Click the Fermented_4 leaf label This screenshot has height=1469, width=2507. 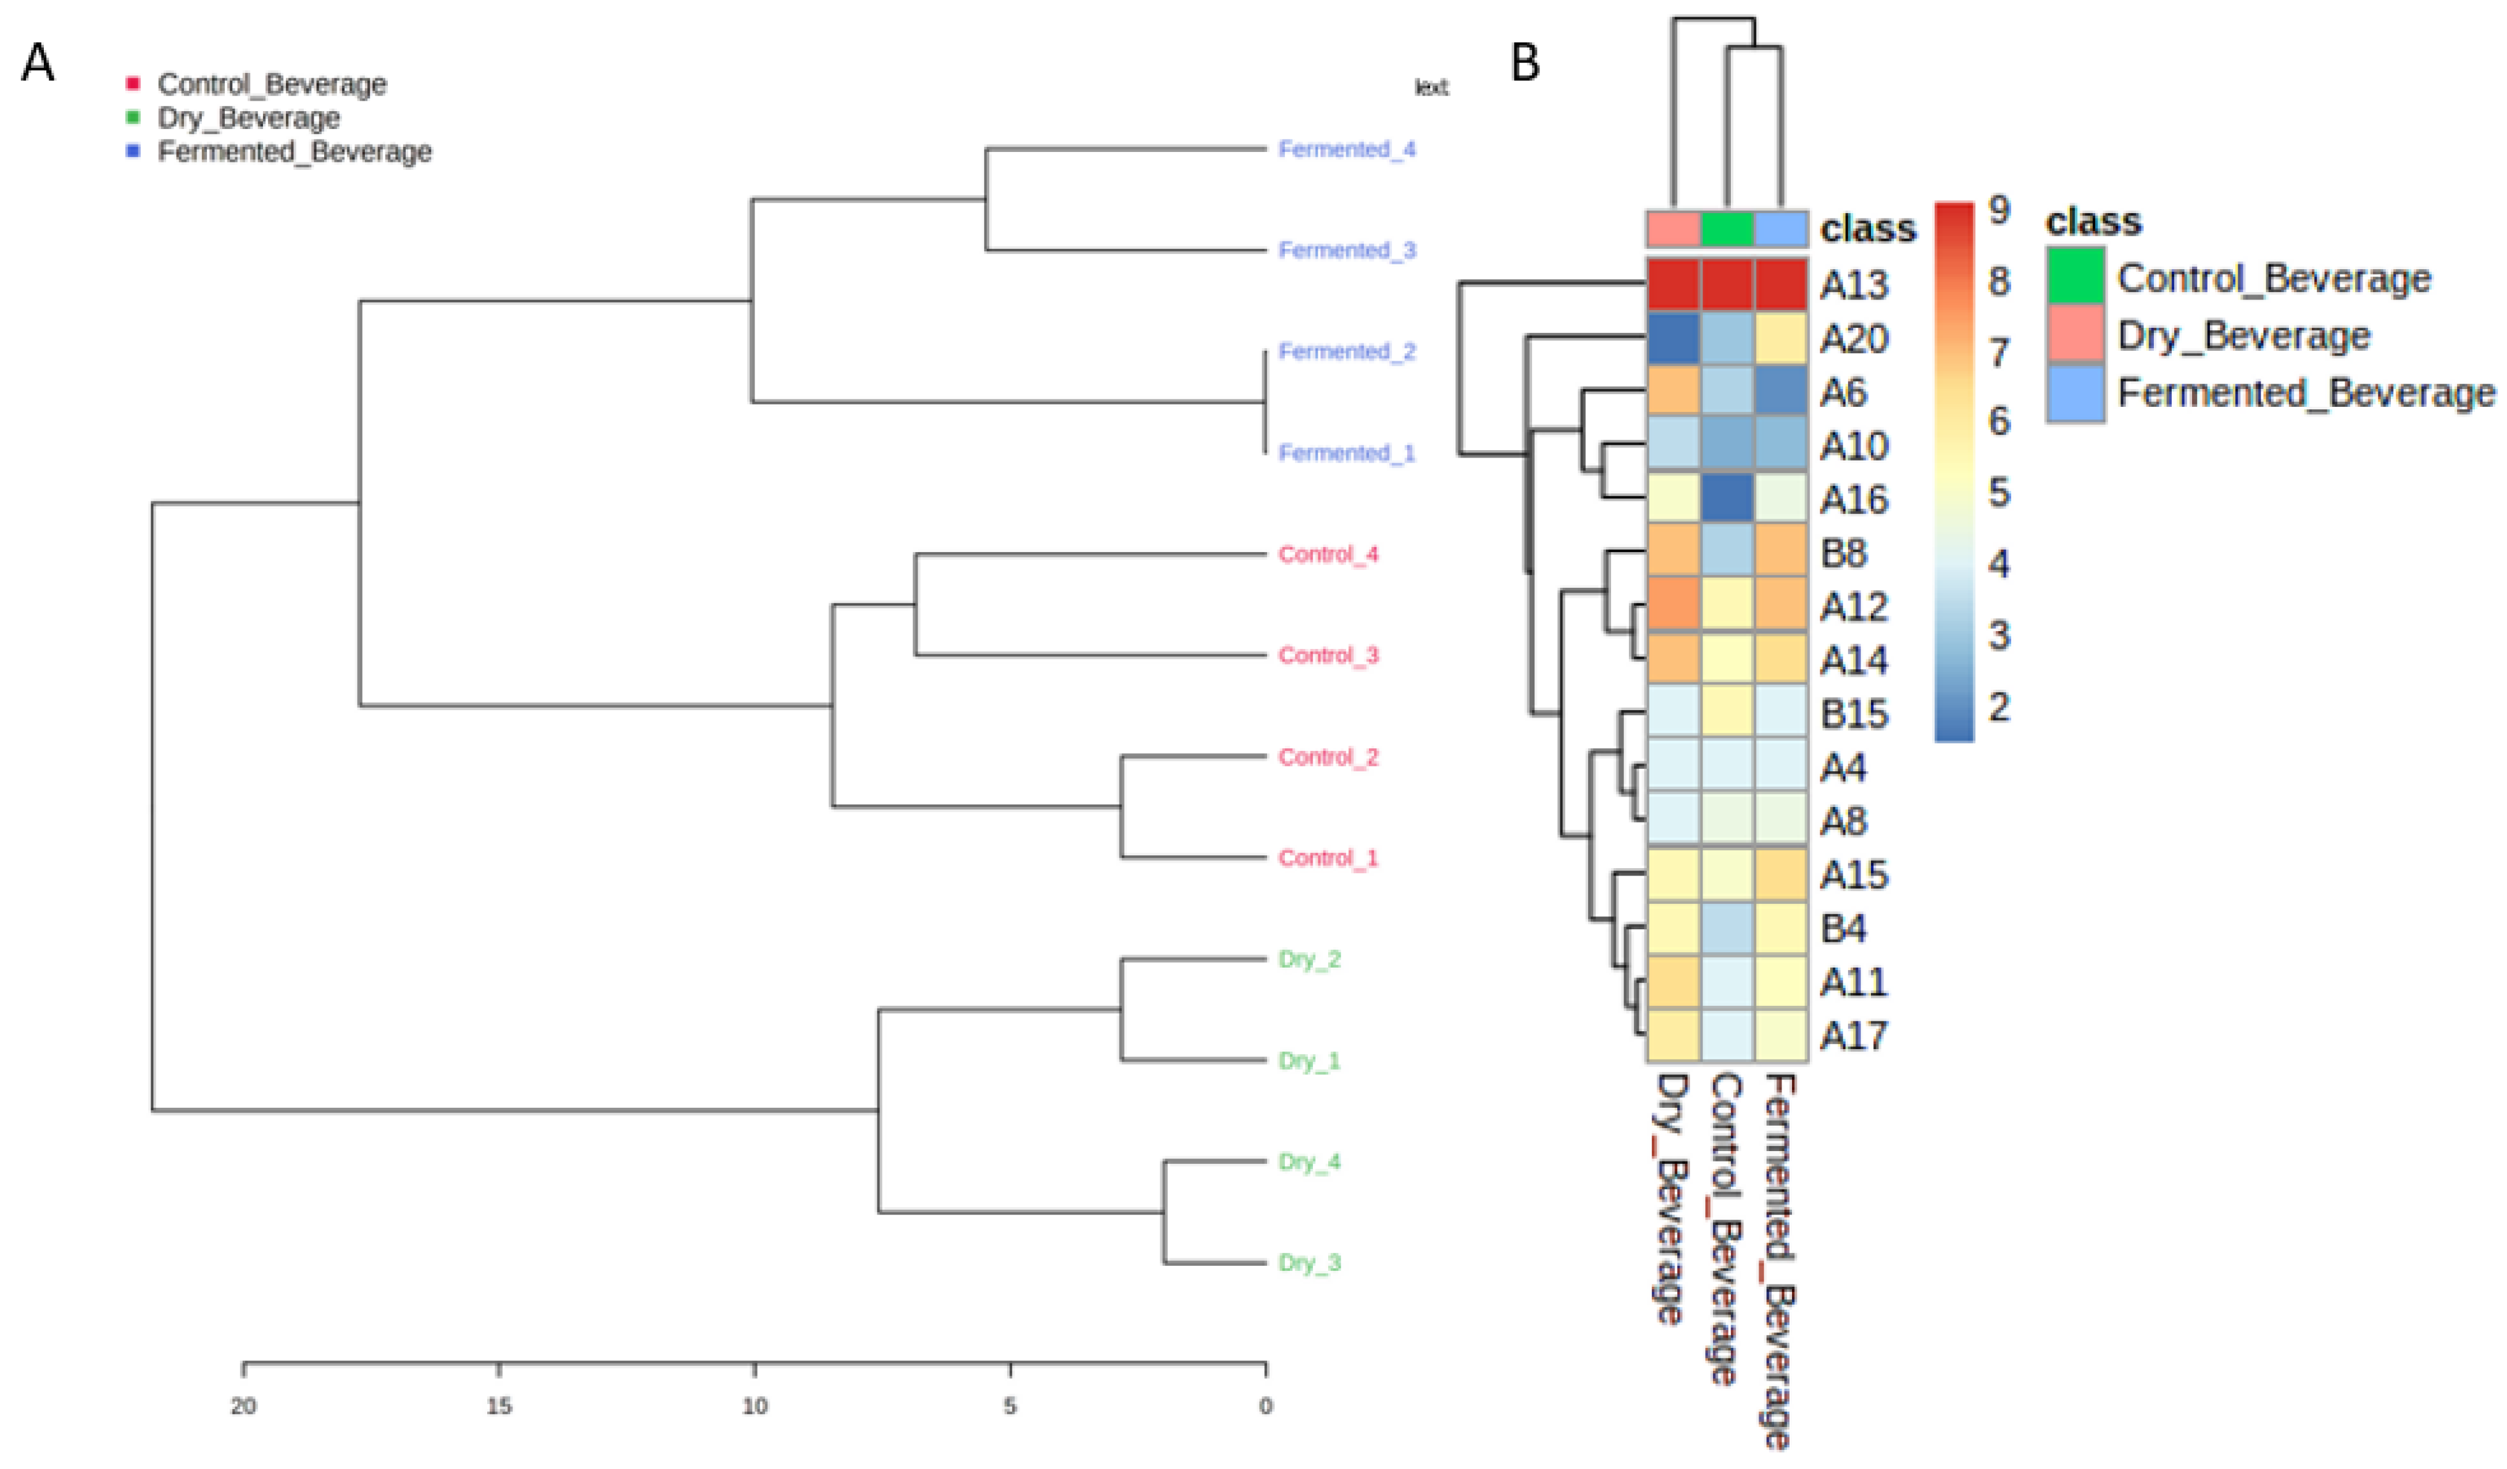click(x=1346, y=149)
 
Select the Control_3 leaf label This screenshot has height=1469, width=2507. click(x=1328, y=655)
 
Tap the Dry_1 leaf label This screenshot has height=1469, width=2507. click(x=1309, y=1060)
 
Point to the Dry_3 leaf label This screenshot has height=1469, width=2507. click(x=1309, y=1263)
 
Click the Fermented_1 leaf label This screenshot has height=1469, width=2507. click(x=1346, y=453)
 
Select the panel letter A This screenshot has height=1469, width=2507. click(x=38, y=64)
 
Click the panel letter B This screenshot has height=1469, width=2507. click(x=1525, y=64)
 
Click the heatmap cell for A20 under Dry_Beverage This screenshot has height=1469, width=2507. click(x=1673, y=339)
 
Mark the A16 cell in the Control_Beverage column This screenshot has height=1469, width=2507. click(x=1727, y=500)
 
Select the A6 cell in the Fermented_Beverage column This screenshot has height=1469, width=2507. click(x=1781, y=392)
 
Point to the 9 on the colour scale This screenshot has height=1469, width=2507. click(x=1999, y=210)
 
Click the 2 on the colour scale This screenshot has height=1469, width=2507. click(x=1999, y=707)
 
